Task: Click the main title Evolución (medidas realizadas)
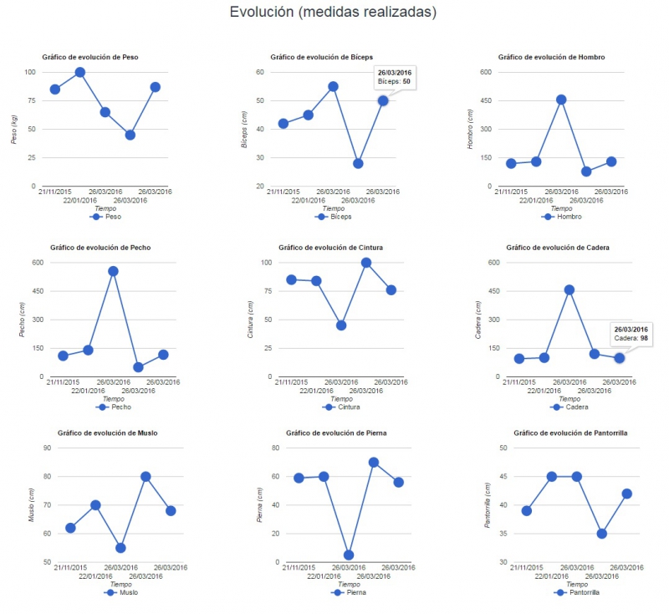333,12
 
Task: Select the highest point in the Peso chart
79,72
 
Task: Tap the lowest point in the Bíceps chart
358,163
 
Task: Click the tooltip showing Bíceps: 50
395,77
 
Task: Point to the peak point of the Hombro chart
561,100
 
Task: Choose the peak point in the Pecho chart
113,271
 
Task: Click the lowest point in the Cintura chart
341,325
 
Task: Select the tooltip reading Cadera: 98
631,334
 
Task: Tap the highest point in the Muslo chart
146,477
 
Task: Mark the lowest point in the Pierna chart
349,555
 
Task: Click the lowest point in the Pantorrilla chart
601,534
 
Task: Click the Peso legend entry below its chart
105,217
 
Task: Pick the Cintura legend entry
341,407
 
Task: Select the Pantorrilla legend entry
576,592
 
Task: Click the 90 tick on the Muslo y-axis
47,448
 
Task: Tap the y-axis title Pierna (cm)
259,505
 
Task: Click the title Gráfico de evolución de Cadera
558,248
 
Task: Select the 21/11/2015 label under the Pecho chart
63,382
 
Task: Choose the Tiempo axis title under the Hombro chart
561,208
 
